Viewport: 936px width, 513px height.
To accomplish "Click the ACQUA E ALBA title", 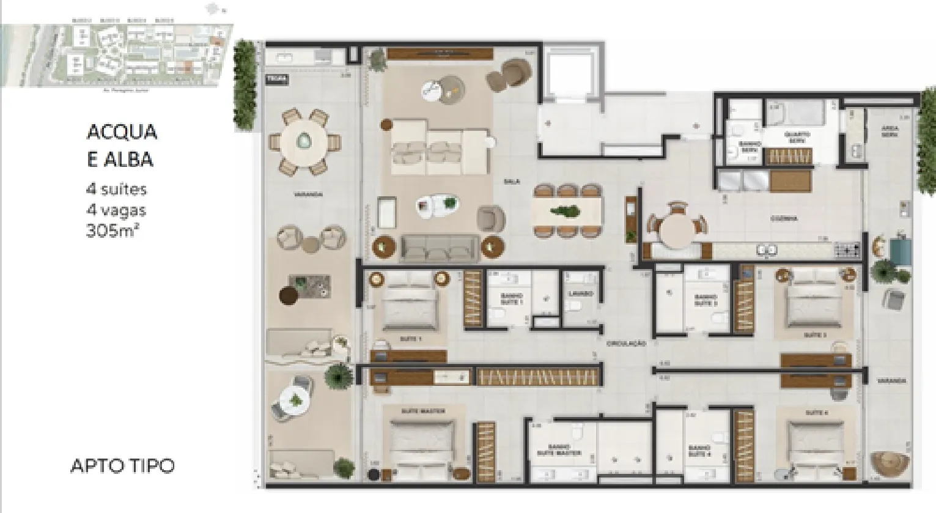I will pyautogui.click(x=122, y=146).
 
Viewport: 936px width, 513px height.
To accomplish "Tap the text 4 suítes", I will pyautogui.click(x=116, y=189).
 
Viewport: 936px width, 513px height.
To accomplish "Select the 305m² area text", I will pyautogui.click(x=113, y=231).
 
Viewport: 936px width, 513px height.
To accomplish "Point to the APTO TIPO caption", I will pyautogui.click(x=122, y=466).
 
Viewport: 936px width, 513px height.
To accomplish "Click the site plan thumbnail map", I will pyautogui.click(x=116, y=55).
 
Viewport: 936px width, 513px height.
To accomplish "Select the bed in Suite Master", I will pyautogui.click(x=423, y=444).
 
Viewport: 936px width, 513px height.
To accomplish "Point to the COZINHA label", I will pyautogui.click(x=784, y=218).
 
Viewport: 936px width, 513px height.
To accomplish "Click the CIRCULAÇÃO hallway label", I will pyautogui.click(x=627, y=344).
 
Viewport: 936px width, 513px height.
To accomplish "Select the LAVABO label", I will pyautogui.click(x=580, y=294).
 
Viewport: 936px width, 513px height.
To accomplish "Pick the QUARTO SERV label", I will pyautogui.click(x=797, y=137).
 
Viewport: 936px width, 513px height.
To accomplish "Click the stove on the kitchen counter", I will pyautogui.click(x=848, y=249).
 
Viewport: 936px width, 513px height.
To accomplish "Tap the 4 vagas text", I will pyautogui.click(x=116, y=210).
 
